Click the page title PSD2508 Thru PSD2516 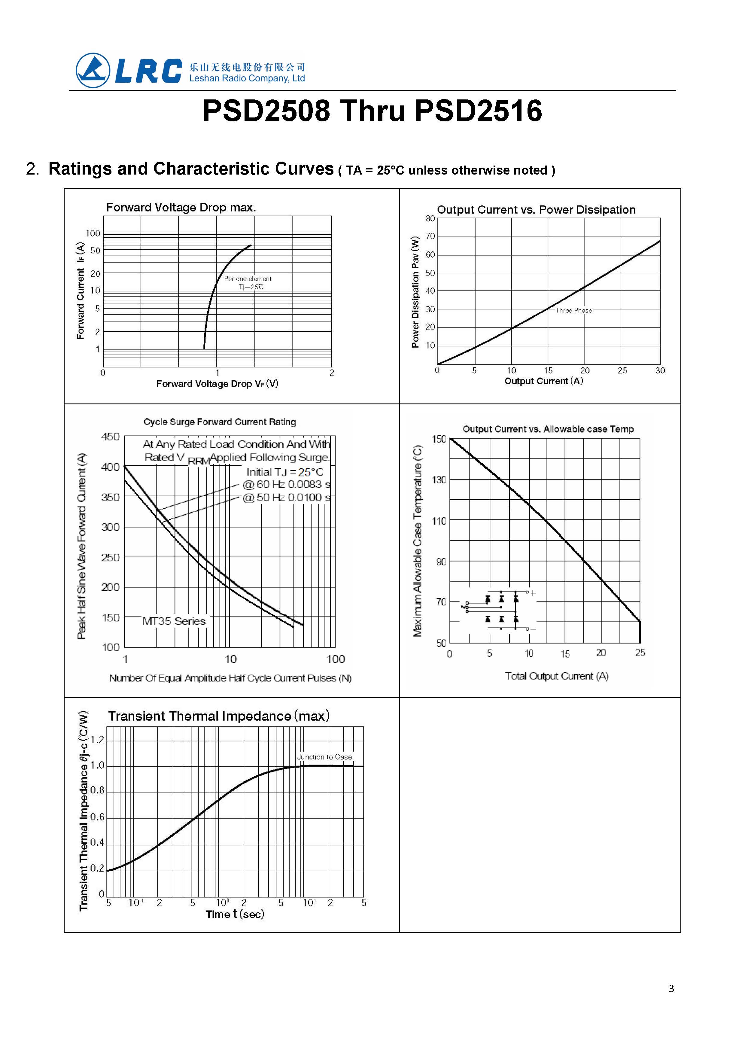click(372, 111)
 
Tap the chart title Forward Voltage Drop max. click(181, 207)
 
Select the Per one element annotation click(248, 278)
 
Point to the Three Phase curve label click(573, 310)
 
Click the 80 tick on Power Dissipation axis click(430, 218)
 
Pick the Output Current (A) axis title click(544, 381)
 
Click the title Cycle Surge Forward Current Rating click(220, 422)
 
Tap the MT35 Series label click(174, 621)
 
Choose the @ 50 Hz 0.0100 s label click(286, 498)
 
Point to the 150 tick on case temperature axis click(439, 439)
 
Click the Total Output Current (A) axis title click(556, 676)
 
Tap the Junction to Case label click(324, 757)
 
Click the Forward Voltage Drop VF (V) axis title click(217, 384)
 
